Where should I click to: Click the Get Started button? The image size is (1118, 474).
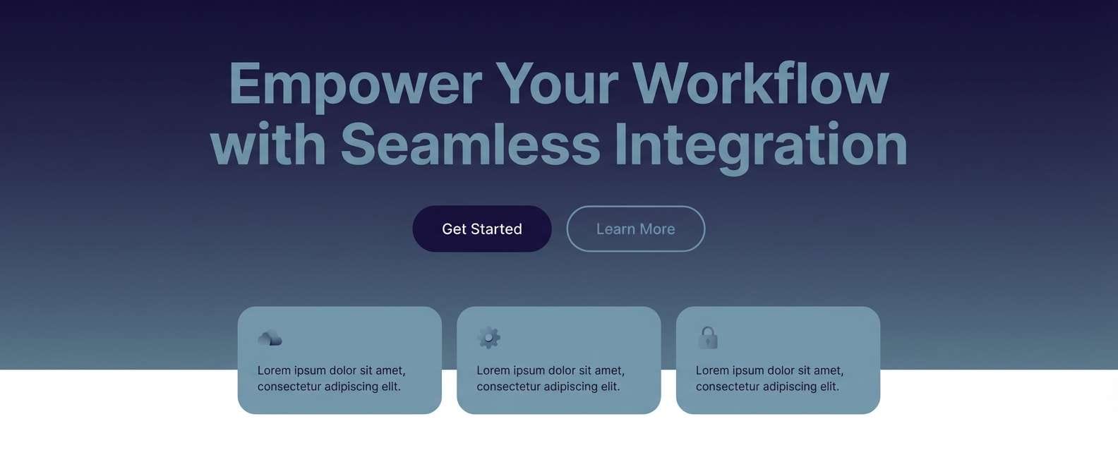click(481, 229)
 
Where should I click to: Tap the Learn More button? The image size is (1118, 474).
click(635, 229)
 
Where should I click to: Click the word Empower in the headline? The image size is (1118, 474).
click(355, 85)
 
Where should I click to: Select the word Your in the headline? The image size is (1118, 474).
click(557, 85)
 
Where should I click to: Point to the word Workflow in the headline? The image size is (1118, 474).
click(760, 85)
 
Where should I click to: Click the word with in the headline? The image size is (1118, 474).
click(268, 145)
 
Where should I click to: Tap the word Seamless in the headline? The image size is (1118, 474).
click(470, 145)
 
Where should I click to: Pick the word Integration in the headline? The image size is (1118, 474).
click(760, 145)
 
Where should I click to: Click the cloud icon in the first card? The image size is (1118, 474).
click(270, 339)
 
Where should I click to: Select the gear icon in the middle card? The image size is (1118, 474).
click(488, 338)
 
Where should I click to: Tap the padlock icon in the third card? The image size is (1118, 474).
click(708, 338)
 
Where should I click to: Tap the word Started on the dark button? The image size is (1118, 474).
click(496, 229)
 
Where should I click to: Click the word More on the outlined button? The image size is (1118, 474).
click(657, 229)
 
